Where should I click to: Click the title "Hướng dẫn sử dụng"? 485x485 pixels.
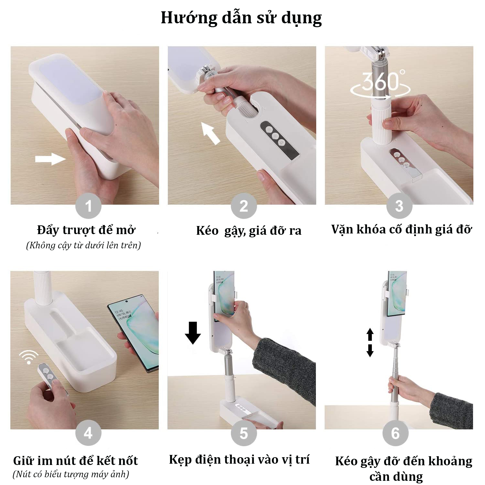coord(241,18)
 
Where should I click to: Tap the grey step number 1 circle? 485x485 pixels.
coord(88,206)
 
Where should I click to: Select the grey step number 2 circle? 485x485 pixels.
coord(244,206)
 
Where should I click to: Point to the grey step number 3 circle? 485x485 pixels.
coord(399,206)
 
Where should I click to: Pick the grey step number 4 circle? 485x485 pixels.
coord(88,433)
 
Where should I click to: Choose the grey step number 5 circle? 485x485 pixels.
coord(244,433)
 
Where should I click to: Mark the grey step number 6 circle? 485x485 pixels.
coord(395,433)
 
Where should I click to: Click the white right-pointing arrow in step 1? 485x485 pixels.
coord(50,159)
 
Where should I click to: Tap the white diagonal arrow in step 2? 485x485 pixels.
coord(210,133)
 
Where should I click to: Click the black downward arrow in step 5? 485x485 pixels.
coord(193,333)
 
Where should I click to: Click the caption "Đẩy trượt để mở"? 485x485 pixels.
coord(86,230)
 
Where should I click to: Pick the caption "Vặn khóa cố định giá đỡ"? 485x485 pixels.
coord(402,230)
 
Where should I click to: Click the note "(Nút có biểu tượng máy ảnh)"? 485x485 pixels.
coord(71,474)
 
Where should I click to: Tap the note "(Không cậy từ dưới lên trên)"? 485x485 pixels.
coord(83,245)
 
